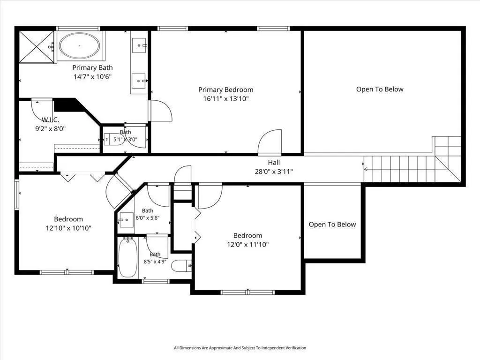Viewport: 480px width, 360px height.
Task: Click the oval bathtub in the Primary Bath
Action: click(x=79, y=45)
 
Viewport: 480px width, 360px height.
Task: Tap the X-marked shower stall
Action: click(x=37, y=47)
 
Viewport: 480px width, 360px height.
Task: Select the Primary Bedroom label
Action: click(x=226, y=90)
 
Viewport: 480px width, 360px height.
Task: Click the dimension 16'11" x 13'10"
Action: click(x=226, y=98)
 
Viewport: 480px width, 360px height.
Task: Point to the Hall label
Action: click(x=274, y=163)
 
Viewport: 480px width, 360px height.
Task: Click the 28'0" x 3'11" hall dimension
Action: click(x=274, y=172)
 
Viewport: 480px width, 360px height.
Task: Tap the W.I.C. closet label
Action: click(x=51, y=120)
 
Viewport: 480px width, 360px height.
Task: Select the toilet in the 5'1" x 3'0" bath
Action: click(x=114, y=140)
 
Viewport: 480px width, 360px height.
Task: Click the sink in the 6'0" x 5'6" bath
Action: click(x=126, y=220)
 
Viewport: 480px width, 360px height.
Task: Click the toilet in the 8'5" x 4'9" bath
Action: click(x=181, y=266)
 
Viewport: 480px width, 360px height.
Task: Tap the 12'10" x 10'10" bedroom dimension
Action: click(x=68, y=228)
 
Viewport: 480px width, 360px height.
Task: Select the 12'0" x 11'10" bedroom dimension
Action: click(x=247, y=244)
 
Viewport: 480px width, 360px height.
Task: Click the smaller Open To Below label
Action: click(x=332, y=225)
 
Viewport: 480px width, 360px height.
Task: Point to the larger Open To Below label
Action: click(x=380, y=89)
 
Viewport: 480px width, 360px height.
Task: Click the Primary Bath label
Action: click(x=92, y=67)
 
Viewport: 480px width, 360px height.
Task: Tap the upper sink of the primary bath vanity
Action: click(x=139, y=45)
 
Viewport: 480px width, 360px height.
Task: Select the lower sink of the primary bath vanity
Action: click(x=139, y=81)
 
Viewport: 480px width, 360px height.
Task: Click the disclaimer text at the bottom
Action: click(x=240, y=348)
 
